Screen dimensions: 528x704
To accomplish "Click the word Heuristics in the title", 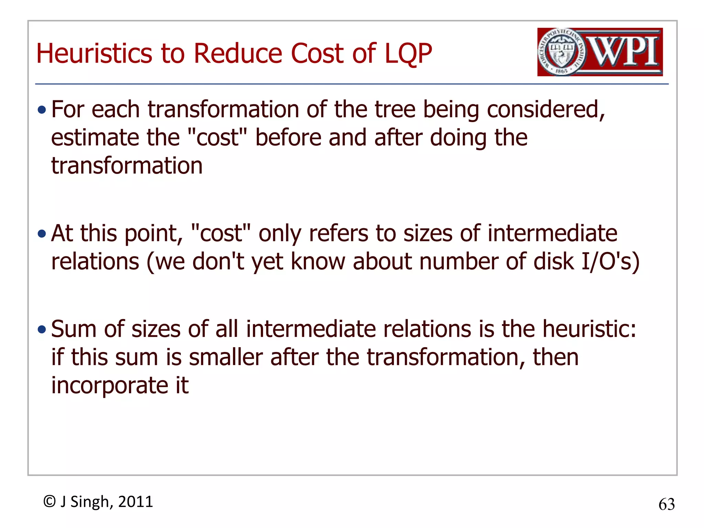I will (94, 54).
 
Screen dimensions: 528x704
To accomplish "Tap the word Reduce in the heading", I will (238, 54).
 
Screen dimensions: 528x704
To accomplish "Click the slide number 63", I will (667, 505).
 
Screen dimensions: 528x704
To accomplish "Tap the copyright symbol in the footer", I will (49, 502).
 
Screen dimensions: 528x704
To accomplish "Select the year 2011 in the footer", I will (135, 502).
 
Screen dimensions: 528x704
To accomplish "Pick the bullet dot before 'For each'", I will (42, 110).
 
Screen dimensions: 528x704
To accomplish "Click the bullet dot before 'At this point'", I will (42, 234).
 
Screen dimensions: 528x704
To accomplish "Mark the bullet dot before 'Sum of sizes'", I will (42, 330).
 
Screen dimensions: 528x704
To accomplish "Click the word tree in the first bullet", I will (395, 110).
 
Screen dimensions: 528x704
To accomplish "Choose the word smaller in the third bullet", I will (226, 357).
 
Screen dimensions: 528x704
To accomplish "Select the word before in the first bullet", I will (288, 137).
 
